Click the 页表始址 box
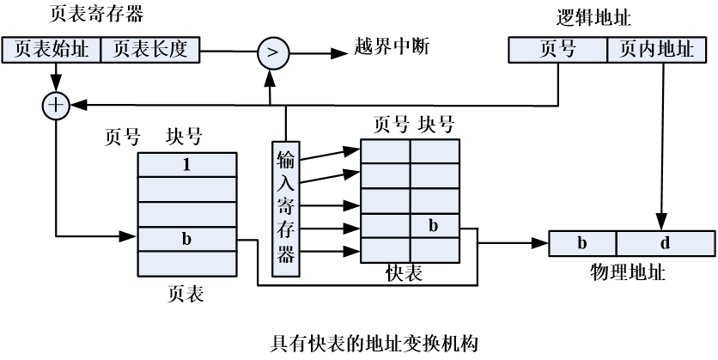click(x=52, y=50)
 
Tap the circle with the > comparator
click(x=272, y=52)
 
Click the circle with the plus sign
click(x=56, y=106)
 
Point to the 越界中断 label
click(x=391, y=46)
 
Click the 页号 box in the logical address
click(x=557, y=50)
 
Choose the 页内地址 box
click(x=661, y=50)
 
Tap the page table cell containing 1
click(x=186, y=165)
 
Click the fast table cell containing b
click(x=434, y=226)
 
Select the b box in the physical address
click(x=582, y=243)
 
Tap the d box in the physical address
click(x=665, y=243)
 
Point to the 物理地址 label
click(x=628, y=272)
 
